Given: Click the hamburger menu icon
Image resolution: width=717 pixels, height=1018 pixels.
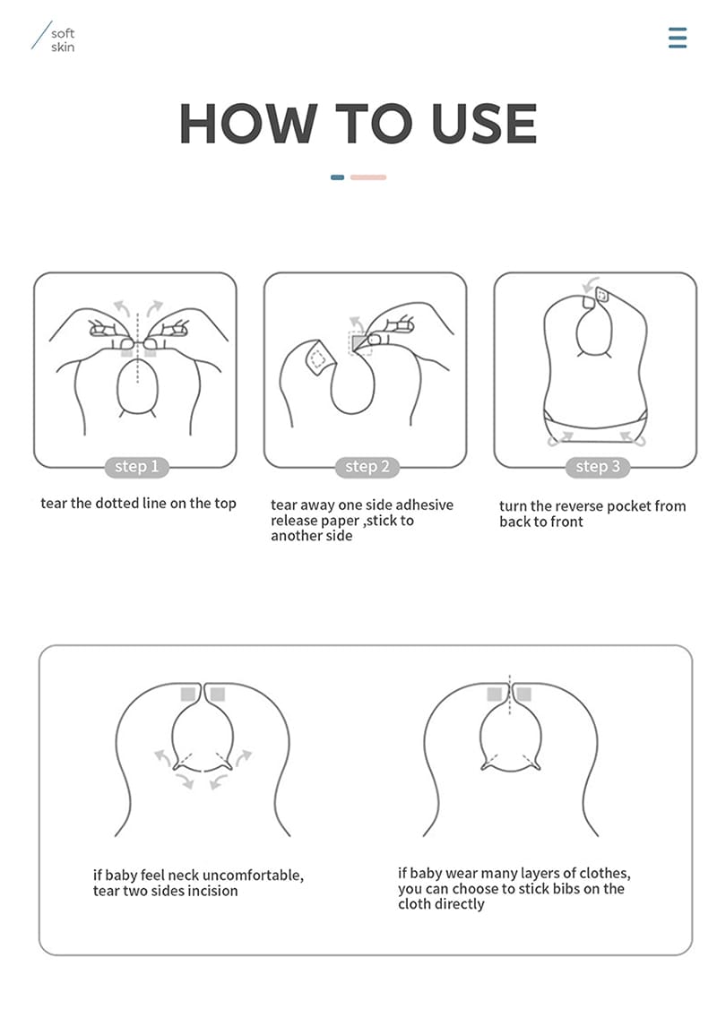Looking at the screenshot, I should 678,38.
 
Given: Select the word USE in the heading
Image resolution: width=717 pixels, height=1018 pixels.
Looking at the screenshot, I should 484,124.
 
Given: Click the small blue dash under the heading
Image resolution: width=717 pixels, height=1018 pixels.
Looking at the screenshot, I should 337,177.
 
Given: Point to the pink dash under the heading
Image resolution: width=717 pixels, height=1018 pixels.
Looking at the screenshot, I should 368,177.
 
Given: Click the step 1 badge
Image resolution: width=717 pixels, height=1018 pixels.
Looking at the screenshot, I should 136,467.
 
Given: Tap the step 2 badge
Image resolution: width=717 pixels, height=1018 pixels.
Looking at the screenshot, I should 367,467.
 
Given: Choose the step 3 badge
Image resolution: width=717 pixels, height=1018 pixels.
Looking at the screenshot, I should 597,467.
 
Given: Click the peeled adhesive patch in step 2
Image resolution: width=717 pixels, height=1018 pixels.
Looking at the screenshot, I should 316,359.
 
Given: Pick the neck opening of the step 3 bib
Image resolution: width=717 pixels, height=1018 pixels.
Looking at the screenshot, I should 592,333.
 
